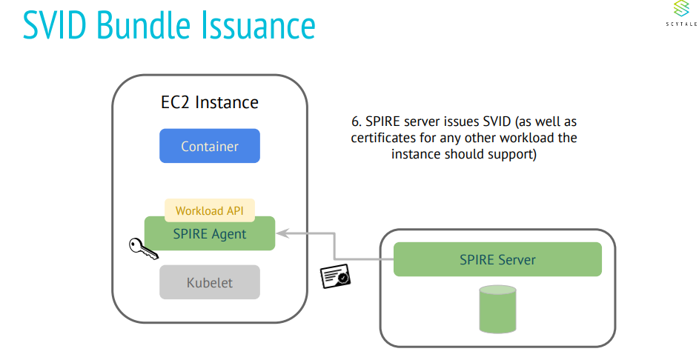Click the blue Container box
(x=210, y=146)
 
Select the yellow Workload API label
(x=210, y=210)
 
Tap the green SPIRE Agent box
(x=210, y=234)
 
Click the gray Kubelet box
(x=210, y=282)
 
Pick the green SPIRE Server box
(x=497, y=259)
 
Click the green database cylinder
(x=497, y=310)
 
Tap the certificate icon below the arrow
(x=335, y=276)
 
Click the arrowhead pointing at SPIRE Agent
(x=282, y=233)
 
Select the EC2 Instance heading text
(x=210, y=102)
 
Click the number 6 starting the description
(x=355, y=121)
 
